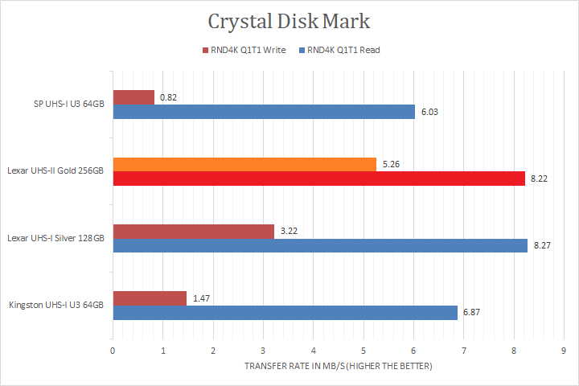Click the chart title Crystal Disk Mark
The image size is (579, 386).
pyautogui.click(x=289, y=21)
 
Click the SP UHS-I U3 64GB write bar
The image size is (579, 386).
pyautogui.click(x=133, y=97)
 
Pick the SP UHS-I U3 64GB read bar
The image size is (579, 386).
pyautogui.click(x=264, y=112)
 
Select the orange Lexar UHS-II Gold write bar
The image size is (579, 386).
pyautogui.click(x=244, y=164)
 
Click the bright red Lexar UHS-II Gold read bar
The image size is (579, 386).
pyautogui.click(x=318, y=179)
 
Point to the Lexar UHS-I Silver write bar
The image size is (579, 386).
pyautogui.click(x=193, y=232)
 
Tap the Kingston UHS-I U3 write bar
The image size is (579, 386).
pyautogui.click(x=150, y=298)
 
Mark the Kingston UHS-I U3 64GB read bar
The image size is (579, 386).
pyautogui.click(x=285, y=313)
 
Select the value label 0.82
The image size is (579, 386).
pyautogui.click(x=168, y=97)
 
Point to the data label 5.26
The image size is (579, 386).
pyautogui.click(x=390, y=164)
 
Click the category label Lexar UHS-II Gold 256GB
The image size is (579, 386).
pyautogui.click(x=55, y=171)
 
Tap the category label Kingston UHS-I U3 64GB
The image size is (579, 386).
pyautogui.click(x=56, y=306)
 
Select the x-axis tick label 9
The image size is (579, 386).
pyautogui.click(x=564, y=351)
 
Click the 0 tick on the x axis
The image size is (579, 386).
pyautogui.click(x=113, y=351)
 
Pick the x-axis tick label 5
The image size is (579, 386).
pyautogui.click(x=363, y=351)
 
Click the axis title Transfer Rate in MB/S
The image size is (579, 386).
pyautogui.click(x=338, y=367)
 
